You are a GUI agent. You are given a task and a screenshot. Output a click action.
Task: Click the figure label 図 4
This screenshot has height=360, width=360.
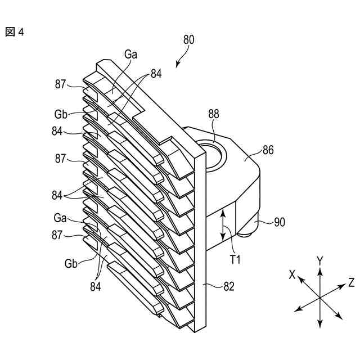(x=15, y=32)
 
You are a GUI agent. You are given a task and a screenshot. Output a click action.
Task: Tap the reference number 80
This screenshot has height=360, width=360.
(x=189, y=39)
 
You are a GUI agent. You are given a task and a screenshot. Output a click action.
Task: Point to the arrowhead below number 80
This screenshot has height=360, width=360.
(x=178, y=64)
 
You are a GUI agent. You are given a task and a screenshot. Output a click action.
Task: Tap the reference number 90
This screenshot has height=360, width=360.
(x=280, y=223)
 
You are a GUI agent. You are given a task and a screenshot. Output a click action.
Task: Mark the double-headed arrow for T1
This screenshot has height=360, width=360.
(x=224, y=223)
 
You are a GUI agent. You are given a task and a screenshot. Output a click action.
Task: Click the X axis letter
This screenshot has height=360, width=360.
(x=292, y=274)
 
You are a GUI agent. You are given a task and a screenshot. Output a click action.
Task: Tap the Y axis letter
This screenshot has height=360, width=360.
(x=319, y=260)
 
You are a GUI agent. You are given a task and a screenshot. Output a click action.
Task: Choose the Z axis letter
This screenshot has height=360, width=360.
(x=350, y=282)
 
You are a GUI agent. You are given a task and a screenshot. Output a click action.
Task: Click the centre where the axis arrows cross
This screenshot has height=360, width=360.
(x=319, y=296)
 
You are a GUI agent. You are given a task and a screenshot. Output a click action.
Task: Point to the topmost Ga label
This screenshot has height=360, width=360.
(x=130, y=55)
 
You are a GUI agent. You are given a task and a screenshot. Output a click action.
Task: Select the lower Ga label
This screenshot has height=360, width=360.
(x=61, y=218)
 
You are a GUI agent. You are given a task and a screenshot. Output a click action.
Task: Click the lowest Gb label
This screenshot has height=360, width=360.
(x=71, y=263)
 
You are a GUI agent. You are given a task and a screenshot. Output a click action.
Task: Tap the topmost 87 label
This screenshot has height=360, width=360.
(x=61, y=84)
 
